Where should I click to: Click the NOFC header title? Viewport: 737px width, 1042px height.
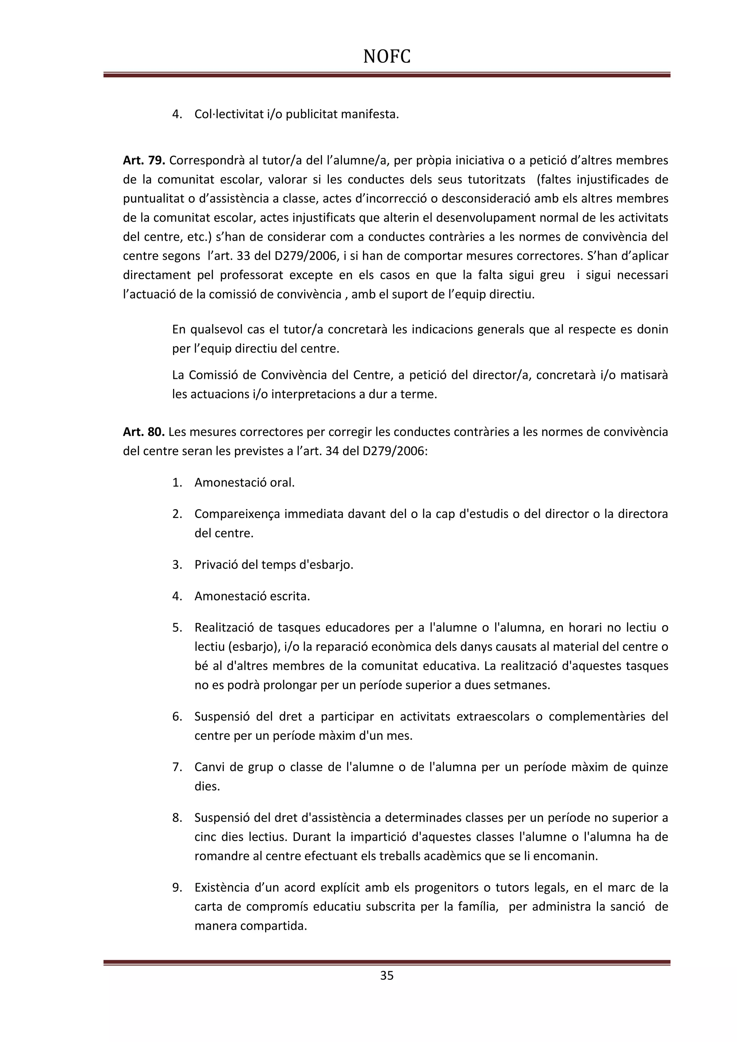[386, 57]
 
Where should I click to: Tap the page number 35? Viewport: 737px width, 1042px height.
[386, 975]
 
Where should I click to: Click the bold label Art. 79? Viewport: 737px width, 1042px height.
[144, 160]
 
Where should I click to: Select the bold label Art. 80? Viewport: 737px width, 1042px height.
[144, 432]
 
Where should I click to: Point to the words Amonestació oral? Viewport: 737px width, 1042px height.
[245, 483]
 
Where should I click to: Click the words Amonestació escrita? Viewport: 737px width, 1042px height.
[252, 596]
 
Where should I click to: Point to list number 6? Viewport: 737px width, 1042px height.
[177, 717]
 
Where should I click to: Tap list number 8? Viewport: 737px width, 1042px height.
[177, 818]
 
